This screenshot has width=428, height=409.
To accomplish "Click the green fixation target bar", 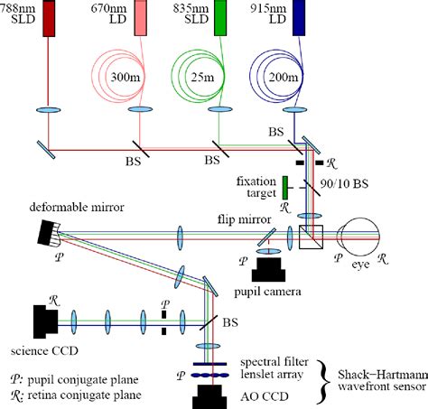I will pyautogui.click(x=284, y=188).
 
